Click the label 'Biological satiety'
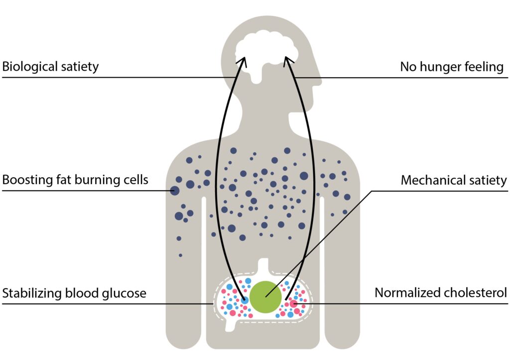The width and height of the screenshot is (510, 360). [51, 67]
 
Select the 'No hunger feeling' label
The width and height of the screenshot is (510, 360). [452, 67]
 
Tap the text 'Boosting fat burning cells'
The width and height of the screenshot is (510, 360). [75, 180]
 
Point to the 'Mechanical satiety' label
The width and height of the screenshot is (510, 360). [454, 180]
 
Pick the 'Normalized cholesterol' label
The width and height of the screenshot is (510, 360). [441, 293]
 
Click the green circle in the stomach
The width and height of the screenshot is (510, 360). [265, 297]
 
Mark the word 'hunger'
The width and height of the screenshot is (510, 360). [442, 67]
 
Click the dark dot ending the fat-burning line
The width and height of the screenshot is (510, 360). [174, 190]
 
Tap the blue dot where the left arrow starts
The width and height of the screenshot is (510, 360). [245, 301]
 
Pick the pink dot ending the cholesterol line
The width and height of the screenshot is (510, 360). [294, 303]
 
